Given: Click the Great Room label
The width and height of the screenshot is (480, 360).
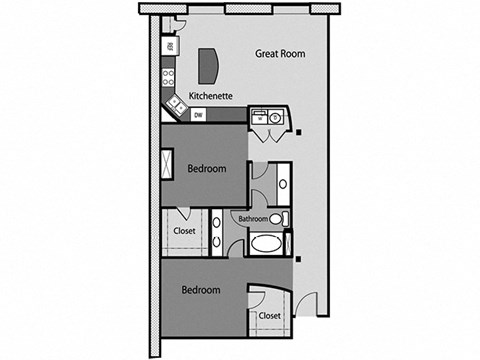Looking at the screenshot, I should coord(279,54).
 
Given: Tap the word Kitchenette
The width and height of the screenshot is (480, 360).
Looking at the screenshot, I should coord(211,96).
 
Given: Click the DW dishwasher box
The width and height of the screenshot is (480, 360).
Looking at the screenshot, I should coord(198,115).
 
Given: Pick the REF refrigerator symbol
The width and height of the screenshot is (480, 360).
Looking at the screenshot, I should coord(170,47).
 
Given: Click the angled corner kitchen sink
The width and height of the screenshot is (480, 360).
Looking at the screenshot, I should coord(176,102).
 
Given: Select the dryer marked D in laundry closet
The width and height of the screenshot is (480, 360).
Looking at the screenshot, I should coord(275,116).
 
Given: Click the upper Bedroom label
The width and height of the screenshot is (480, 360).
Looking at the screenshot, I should coord(207,169).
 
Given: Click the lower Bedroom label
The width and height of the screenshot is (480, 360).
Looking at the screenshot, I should coord(200,290).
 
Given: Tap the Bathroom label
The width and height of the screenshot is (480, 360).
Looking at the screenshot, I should coord(252,219).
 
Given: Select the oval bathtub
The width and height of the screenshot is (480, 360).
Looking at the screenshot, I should coord(267,243).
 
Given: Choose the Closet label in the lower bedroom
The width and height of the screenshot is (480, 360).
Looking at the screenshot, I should coord(269,315).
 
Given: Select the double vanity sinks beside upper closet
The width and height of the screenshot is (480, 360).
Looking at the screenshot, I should coord(217,229).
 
